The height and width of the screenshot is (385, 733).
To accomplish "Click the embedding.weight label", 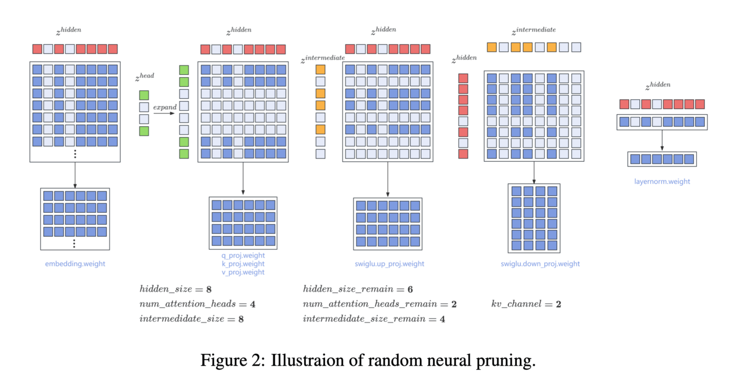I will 75,263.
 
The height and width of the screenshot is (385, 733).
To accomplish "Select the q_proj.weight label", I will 243,256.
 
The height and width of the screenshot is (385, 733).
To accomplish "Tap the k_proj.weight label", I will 243,263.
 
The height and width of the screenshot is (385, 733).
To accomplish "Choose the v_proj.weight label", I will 243,272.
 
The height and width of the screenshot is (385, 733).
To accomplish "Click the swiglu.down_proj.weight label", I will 540,263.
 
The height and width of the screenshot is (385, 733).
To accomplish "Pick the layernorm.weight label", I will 662,182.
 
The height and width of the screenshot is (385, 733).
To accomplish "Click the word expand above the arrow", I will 165,107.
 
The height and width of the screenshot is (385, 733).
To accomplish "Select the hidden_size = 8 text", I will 175,289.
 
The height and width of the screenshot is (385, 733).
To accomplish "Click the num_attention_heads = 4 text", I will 197,304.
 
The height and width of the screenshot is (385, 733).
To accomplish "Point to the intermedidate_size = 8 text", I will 191,319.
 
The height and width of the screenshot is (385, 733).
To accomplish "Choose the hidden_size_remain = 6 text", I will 357,289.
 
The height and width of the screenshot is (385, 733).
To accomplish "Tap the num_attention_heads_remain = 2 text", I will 380,304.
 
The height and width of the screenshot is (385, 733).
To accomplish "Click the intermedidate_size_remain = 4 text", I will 373,319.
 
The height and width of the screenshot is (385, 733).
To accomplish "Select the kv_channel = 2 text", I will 526,304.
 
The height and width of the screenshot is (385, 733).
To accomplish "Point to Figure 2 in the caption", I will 232,361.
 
